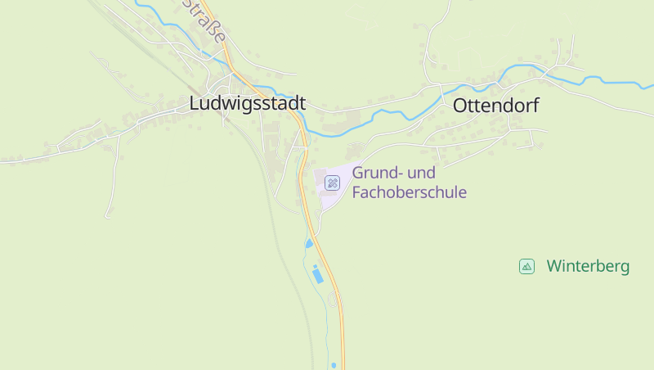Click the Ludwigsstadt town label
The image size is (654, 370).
pyautogui.click(x=247, y=104)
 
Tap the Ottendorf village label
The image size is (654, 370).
pyautogui.click(x=495, y=106)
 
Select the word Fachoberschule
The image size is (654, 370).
pyautogui.click(x=409, y=192)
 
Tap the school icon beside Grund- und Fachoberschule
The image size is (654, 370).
pyautogui.click(x=332, y=183)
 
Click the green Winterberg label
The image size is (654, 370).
pyautogui.click(x=588, y=266)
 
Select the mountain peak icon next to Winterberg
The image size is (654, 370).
pyautogui.click(x=526, y=266)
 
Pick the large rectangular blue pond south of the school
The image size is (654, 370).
pyautogui.click(x=317, y=275)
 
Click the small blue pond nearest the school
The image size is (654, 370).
pyautogui.click(x=308, y=243)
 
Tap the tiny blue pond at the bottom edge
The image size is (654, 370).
pyautogui.click(x=334, y=365)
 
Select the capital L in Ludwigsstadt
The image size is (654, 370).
pyautogui.click(x=195, y=104)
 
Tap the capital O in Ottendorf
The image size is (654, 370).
pyautogui.click(x=459, y=106)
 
